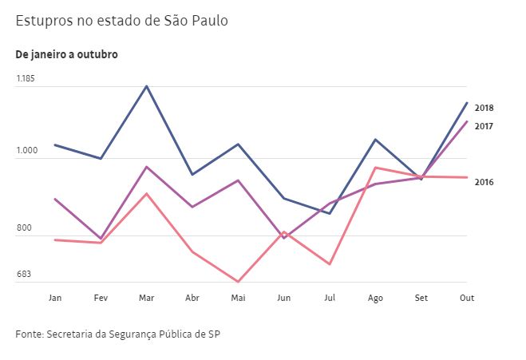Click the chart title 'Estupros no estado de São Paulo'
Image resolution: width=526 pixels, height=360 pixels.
coord(121,21)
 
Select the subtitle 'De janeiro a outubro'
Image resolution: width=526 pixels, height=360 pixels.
coord(66,54)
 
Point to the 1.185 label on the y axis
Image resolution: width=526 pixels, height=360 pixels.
coord(26,78)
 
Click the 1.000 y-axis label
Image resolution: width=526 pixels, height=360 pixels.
coord(26,150)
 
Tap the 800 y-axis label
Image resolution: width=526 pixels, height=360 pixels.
coord(24,228)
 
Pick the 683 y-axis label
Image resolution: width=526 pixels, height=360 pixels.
coord(24,275)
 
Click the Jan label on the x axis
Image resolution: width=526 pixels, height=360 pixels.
coord(55,298)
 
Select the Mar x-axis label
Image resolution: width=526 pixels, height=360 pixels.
coord(147,298)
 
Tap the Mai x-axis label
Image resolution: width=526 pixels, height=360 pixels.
coord(238,298)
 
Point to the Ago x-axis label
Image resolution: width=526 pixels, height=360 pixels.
coord(376,298)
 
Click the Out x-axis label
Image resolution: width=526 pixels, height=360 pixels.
coord(468,298)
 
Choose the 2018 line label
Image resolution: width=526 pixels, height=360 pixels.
coord(484,108)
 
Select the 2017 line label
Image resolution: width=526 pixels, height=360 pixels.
coord(484,126)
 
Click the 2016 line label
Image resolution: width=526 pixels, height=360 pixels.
coord(484,182)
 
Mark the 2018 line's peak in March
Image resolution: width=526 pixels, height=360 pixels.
coord(147,85)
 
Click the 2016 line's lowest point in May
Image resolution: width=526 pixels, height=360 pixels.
coord(238,282)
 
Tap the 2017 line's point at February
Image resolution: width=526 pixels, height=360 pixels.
coord(101,239)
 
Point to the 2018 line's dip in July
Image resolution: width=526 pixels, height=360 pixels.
coord(330,213)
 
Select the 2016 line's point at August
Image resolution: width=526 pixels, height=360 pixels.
coord(376,168)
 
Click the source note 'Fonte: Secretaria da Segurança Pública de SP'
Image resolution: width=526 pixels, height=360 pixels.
coord(117,333)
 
